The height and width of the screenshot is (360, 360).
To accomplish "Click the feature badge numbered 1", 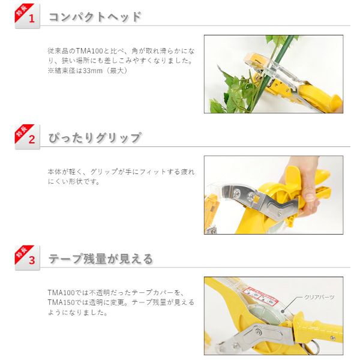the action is coord(28,16).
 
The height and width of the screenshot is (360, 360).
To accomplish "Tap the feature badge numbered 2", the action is coord(28,137).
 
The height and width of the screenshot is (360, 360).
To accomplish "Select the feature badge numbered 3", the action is coord(28,257).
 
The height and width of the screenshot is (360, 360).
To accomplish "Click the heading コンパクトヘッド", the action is coord(95,17).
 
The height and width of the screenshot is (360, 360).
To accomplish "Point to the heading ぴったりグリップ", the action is coord(95,138).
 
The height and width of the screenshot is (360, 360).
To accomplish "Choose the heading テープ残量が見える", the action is coord(101,259).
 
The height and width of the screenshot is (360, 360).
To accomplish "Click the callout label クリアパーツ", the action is coord(319,297).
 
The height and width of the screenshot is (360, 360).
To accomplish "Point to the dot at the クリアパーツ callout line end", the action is coord(283,311).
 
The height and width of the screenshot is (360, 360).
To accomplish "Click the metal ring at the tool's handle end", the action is coord(311,347).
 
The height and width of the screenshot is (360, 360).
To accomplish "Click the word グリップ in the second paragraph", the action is coord(104,172).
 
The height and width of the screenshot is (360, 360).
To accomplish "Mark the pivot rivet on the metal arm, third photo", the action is coord(259,332).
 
